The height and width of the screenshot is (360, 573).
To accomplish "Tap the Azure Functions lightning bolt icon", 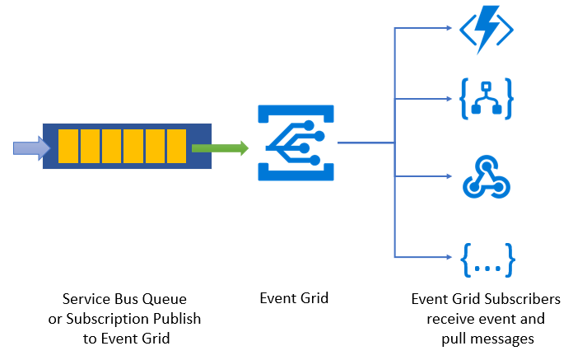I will [487, 30].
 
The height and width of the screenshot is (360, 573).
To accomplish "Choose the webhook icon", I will [487, 176].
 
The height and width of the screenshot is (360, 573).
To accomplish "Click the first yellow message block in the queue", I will [68, 146].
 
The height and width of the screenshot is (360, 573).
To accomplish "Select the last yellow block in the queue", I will [176, 146].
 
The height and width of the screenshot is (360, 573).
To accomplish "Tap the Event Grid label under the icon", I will [293, 299].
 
